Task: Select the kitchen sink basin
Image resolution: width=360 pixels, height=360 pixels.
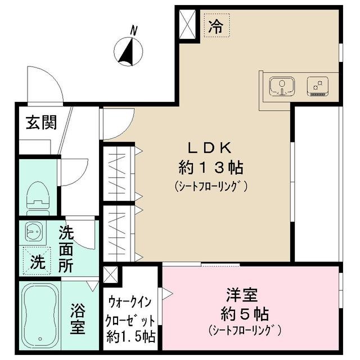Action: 281,87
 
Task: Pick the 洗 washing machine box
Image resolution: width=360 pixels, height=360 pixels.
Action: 37,261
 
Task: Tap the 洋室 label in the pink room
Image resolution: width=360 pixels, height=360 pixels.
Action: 242,294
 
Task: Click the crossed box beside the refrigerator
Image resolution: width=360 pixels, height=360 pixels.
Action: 187,23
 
